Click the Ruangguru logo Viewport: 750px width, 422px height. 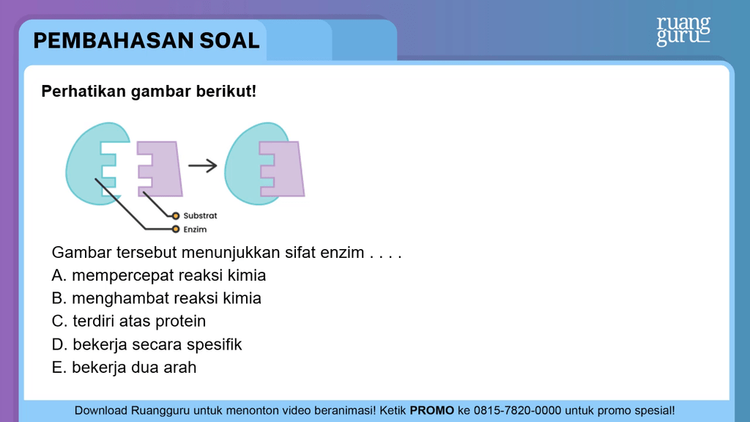click(683, 31)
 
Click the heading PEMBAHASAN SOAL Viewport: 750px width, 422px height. click(146, 40)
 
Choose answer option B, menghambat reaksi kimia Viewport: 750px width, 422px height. click(157, 298)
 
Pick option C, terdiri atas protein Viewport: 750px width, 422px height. click(129, 321)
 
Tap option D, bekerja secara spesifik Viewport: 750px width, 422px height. click(146, 344)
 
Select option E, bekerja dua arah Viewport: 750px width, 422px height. click(125, 367)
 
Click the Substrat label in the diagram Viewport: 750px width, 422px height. click(200, 216)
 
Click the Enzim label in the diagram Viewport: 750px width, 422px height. click(195, 229)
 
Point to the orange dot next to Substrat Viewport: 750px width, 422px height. click(176, 216)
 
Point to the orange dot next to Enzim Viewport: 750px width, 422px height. click(176, 229)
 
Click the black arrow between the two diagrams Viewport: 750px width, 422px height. click(203, 166)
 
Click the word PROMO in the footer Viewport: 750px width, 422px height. click(432, 410)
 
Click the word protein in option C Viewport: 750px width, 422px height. click(179, 321)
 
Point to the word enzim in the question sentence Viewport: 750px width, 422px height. click(341, 253)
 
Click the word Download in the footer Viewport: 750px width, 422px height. click(102, 410)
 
